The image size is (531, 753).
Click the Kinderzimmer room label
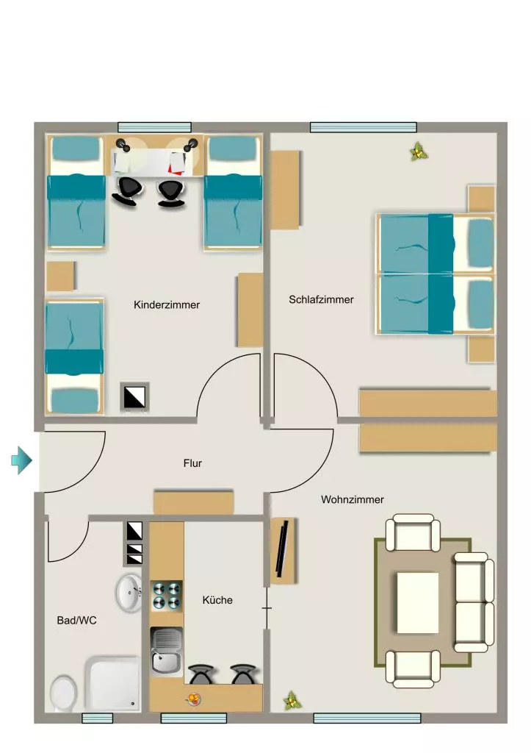tap(167, 305)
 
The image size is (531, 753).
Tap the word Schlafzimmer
tap(321, 300)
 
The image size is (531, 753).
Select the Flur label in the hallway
tap(192, 463)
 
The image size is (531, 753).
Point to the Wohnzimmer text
tap(353, 499)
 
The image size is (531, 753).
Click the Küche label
tap(217, 600)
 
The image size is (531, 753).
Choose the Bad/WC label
tap(76, 621)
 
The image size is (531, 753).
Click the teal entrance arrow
tap(21, 460)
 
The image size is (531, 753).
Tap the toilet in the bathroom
tap(63, 693)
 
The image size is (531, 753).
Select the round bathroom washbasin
tap(129, 592)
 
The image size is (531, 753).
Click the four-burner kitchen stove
tap(167, 596)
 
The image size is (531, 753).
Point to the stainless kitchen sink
tap(166, 652)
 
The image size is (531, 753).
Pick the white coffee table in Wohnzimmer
tap(417, 602)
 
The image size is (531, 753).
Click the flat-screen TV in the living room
tap(283, 549)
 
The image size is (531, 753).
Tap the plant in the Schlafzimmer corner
tap(419, 152)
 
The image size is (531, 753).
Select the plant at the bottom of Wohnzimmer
tap(291, 701)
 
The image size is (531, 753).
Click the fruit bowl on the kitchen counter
tap(193, 699)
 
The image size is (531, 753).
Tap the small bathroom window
tap(98, 718)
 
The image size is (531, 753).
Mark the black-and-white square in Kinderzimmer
tap(135, 397)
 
